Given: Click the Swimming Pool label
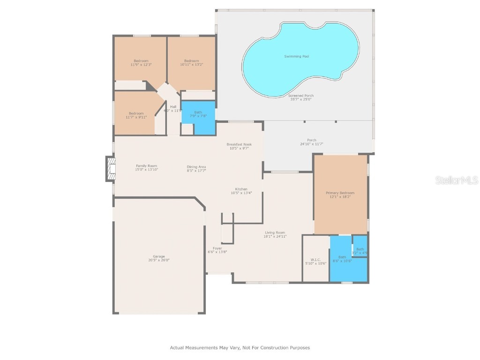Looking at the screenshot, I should click(x=296, y=56).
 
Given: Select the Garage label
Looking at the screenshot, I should click(x=159, y=256).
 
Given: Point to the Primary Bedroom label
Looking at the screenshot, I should click(x=340, y=193).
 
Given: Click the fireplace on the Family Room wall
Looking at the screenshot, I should click(x=111, y=169).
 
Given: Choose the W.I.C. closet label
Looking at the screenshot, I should click(x=315, y=259).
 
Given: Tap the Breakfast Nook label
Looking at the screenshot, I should click(x=239, y=144).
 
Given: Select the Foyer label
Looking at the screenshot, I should click(x=217, y=248).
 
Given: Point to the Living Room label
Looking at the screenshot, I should click(x=275, y=232).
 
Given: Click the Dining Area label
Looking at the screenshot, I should click(x=196, y=167).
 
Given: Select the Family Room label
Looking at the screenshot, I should click(x=146, y=165).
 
